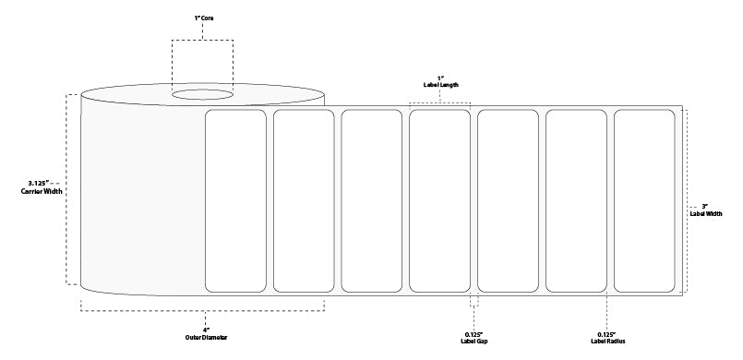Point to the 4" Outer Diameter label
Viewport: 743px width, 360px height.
point(201,334)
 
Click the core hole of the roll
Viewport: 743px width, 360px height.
point(202,93)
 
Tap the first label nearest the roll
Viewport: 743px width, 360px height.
point(235,200)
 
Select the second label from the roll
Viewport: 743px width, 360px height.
point(304,200)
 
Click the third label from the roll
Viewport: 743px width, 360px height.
point(372,200)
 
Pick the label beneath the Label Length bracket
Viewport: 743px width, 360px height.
point(440,200)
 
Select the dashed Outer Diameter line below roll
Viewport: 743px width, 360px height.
point(201,301)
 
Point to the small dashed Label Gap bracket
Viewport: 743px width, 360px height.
point(475,303)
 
